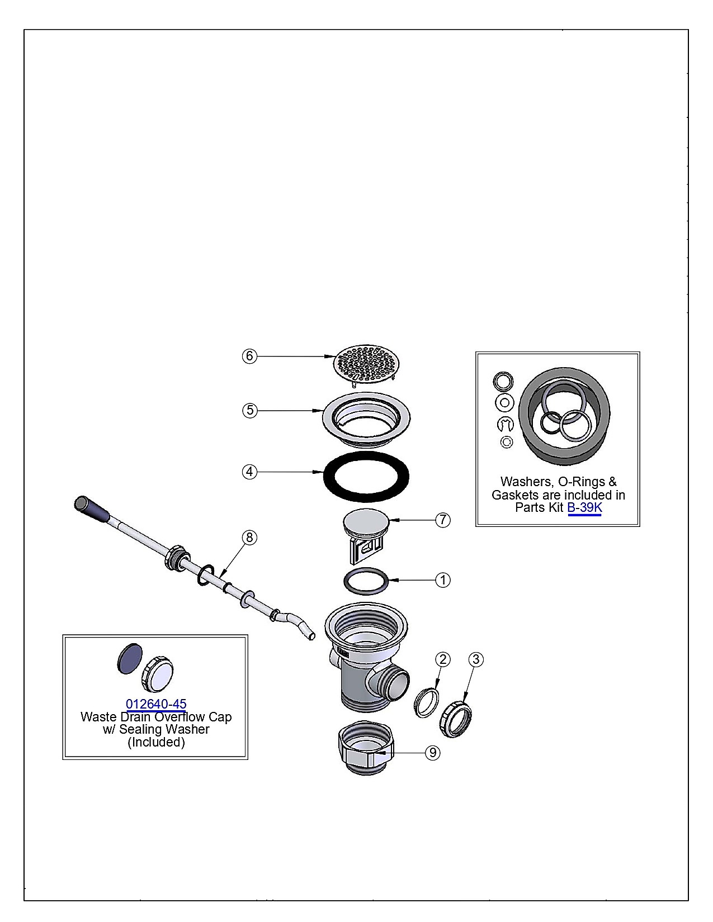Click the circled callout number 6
click(250, 356)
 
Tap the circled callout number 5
click(250, 410)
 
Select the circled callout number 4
click(250, 472)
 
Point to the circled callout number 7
click(443, 519)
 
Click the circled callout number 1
click(443, 579)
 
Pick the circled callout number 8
click(250, 538)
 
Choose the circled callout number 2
click(443, 659)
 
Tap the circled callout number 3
click(476, 659)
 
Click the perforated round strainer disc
click(366, 364)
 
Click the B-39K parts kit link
click(584, 507)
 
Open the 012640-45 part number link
click(156, 704)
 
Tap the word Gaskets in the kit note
click(515, 495)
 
